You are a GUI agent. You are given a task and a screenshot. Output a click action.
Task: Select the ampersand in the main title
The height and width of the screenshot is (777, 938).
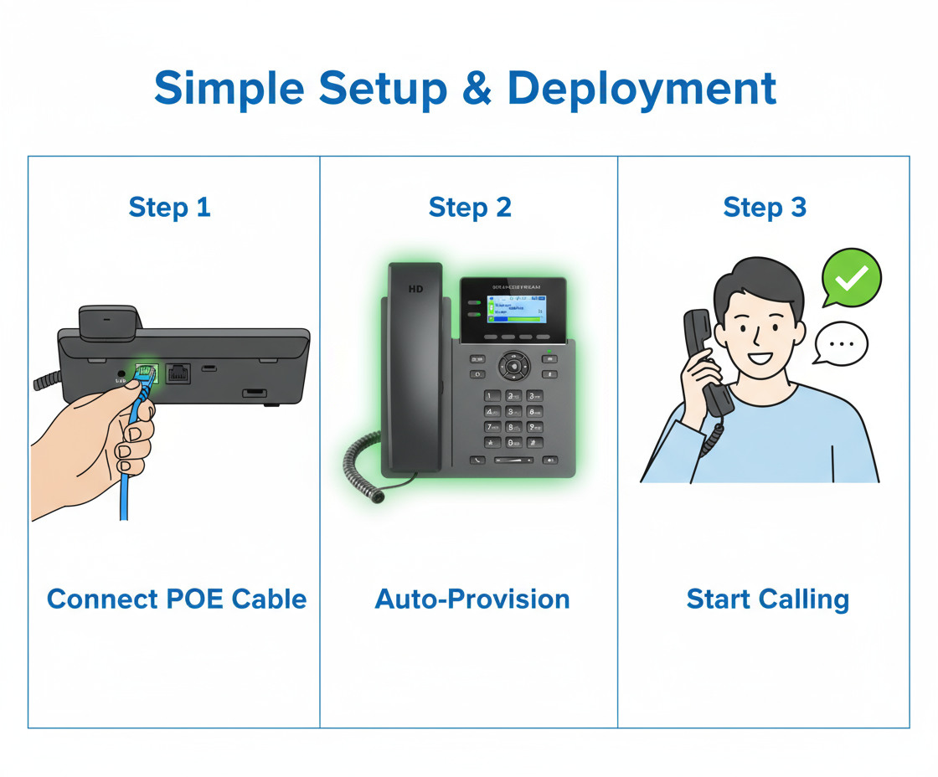[477, 88]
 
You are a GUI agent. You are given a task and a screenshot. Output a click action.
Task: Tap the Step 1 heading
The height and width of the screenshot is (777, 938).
[169, 207]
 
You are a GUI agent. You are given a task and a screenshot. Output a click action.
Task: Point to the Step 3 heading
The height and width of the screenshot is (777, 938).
[765, 207]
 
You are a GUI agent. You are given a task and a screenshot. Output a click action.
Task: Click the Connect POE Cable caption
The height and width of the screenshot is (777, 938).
[177, 599]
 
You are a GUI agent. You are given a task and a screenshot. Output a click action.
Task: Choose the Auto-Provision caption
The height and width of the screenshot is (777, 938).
[472, 599]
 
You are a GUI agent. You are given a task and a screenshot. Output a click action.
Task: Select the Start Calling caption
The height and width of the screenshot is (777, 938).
[767, 599]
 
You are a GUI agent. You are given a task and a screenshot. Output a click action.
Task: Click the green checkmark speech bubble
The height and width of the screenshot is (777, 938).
[851, 277]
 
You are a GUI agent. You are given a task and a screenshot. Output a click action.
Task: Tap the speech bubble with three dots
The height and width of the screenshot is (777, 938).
[841, 343]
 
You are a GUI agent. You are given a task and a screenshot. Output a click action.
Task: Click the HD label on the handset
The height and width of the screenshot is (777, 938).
[415, 289]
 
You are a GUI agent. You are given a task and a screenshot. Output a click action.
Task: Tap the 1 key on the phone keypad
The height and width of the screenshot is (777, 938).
[493, 395]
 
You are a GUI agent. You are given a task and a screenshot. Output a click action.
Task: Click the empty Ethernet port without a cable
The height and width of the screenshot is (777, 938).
[178, 373]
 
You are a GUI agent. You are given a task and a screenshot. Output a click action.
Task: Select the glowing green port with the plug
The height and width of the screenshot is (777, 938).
[147, 373]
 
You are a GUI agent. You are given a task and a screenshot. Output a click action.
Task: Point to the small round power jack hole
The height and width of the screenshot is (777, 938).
[122, 373]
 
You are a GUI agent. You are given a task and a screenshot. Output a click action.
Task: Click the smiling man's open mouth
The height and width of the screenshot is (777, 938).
[760, 358]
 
